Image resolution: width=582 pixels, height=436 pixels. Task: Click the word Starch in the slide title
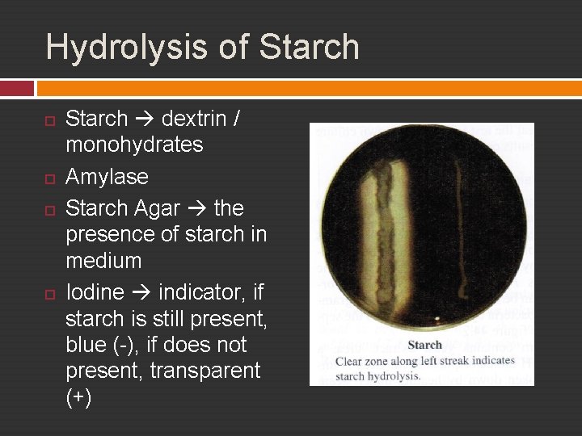(x=310, y=47)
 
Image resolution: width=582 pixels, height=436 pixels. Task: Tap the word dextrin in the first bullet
(x=194, y=119)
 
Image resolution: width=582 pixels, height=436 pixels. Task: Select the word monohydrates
(x=134, y=145)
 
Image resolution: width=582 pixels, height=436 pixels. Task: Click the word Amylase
(x=107, y=176)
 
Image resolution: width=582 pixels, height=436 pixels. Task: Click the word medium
(x=103, y=261)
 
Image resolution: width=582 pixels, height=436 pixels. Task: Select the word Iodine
(x=94, y=291)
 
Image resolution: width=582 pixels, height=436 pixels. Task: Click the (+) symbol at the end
(x=78, y=398)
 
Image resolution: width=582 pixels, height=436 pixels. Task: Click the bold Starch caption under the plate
(x=424, y=345)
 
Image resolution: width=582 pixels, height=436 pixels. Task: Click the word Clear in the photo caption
(x=349, y=361)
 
